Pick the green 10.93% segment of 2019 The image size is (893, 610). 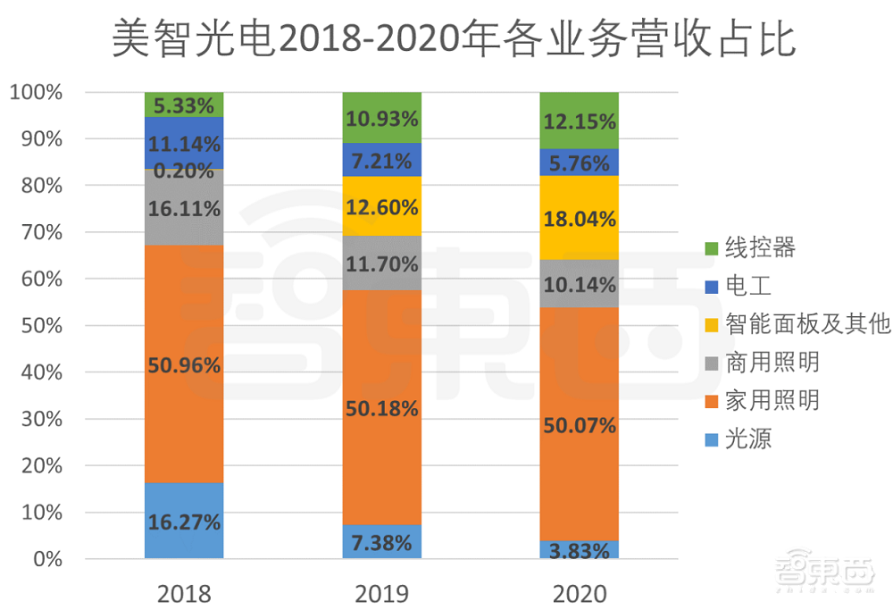381,118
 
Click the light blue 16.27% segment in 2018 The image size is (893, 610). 184,521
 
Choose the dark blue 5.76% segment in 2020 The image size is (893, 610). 579,162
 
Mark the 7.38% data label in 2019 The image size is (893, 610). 381,542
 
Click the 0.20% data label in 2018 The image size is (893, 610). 184,171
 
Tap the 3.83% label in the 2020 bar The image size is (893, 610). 580,550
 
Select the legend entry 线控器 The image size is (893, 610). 759,247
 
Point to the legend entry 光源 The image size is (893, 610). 747,439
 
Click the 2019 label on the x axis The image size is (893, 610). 381,593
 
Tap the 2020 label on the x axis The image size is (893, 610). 579,593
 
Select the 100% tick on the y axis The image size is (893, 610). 36,92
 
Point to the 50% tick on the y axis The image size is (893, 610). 40,326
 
